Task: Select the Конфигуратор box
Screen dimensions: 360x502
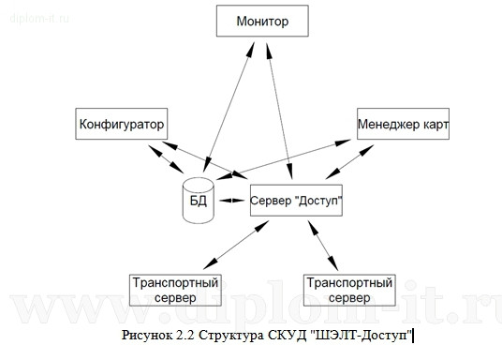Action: pos(121,124)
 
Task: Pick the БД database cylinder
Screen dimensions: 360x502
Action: pos(198,201)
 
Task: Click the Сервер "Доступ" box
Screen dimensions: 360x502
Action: pos(296,201)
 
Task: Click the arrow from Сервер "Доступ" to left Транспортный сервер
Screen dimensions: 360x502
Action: pos(235,246)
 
